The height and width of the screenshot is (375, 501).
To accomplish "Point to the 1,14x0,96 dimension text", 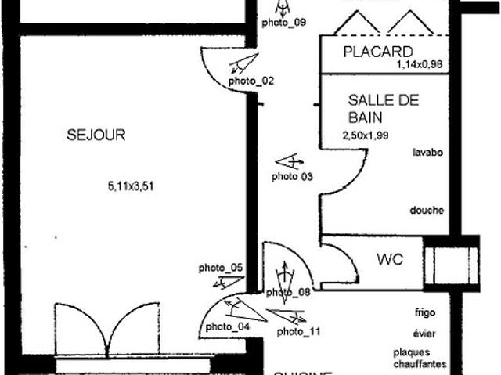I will click(x=420, y=66).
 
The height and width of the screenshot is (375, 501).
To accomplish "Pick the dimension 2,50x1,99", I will click(x=366, y=135).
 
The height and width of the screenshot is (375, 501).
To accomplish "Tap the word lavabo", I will click(x=428, y=153).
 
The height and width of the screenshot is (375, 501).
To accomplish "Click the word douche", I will click(x=427, y=211).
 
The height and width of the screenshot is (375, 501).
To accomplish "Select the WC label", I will click(x=390, y=259).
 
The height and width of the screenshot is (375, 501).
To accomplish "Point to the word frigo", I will click(x=426, y=312).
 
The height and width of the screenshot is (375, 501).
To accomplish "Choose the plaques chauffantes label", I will click(x=420, y=358).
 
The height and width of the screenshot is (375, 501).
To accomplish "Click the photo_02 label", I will click(x=251, y=81).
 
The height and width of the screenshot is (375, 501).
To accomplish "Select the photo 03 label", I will click(x=292, y=177).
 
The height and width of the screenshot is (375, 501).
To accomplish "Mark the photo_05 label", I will click(x=221, y=268).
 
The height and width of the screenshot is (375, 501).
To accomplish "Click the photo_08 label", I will click(x=289, y=293).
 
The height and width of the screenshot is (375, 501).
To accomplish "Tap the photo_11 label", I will click(x=299, y=332).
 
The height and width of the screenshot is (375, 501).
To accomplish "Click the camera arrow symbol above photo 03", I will click(x=290, y=162).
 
